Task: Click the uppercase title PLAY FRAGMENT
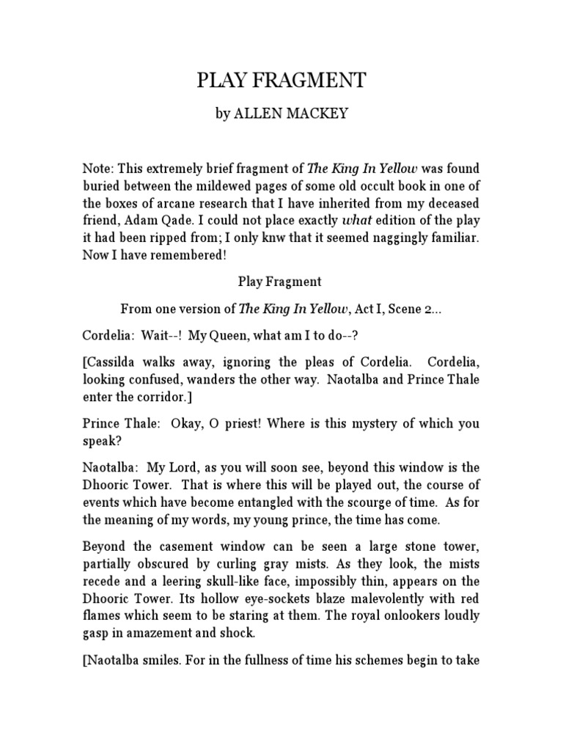(281, 81)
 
